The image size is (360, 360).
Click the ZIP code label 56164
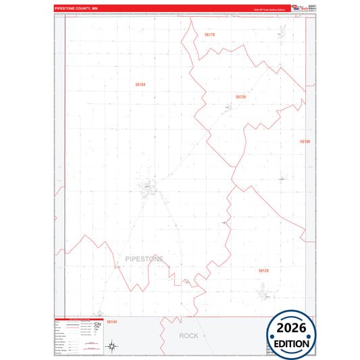pyautogui.click(x=140, y=84)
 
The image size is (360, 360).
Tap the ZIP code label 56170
pyautogui.click(x=209, y=34)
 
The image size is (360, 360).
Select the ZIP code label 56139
pyautogui.click(x=240, y=97)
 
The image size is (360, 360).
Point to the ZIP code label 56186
pyautogui.click(x=305, y=141)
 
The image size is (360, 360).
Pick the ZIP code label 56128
pyautogui.click(x=263, y=270)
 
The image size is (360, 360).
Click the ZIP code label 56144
pyautogui.click(x=112, y=322)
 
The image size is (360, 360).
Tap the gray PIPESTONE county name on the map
pyautogui.click(x=144, y=259)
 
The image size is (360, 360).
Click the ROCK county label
pyautogui.click(x=189, y=336)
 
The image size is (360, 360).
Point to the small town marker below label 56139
pyautogui.click(x=226, y=107)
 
